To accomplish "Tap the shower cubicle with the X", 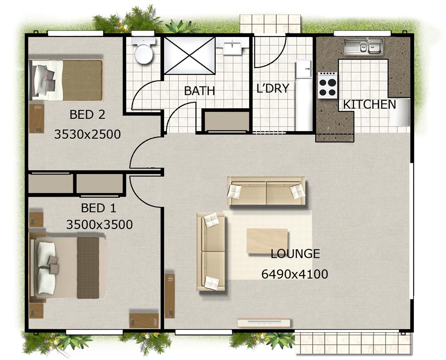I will coord(189,55).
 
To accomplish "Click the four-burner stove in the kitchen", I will coord(328,84).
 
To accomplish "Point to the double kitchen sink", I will coord(363,47).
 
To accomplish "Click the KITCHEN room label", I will coord(369,104).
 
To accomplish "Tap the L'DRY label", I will coord(273,88).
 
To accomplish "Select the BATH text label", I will coord(199,91).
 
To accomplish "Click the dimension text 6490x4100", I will coord(294,274).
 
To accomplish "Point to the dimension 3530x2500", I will coord(88,134).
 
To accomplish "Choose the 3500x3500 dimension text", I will coord(99,225).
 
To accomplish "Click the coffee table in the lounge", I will coord(267,241).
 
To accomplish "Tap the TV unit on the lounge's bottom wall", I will coord(264,323).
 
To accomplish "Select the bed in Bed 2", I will coord(67,80).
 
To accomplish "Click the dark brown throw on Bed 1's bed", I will coord(88,267).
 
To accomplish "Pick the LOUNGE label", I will coord(295,254).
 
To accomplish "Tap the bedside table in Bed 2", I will coord(37,118).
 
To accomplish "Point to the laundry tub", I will coord(304,70).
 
